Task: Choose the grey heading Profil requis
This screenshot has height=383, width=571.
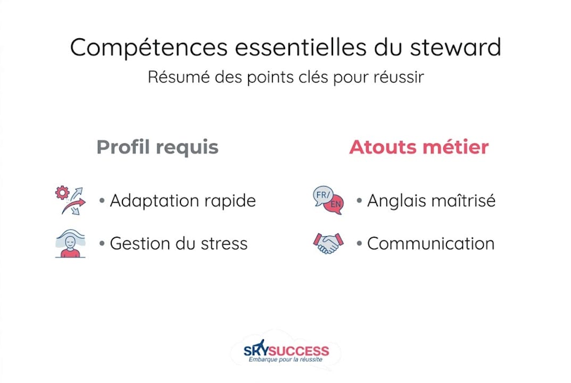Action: coord(158,147)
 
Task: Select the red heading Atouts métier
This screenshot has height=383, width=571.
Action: coord(418,147)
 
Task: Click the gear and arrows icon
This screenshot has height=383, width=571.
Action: coord(70,201)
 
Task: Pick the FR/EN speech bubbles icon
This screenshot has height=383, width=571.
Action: coord(328,201)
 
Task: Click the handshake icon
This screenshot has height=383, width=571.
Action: coord(328,244)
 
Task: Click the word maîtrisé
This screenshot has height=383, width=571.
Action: coord(465,201)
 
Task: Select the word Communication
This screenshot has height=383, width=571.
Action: coord(431,244)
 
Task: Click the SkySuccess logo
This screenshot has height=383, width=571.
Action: coord(286,351)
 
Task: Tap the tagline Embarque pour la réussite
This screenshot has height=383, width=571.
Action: coord(286,360)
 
